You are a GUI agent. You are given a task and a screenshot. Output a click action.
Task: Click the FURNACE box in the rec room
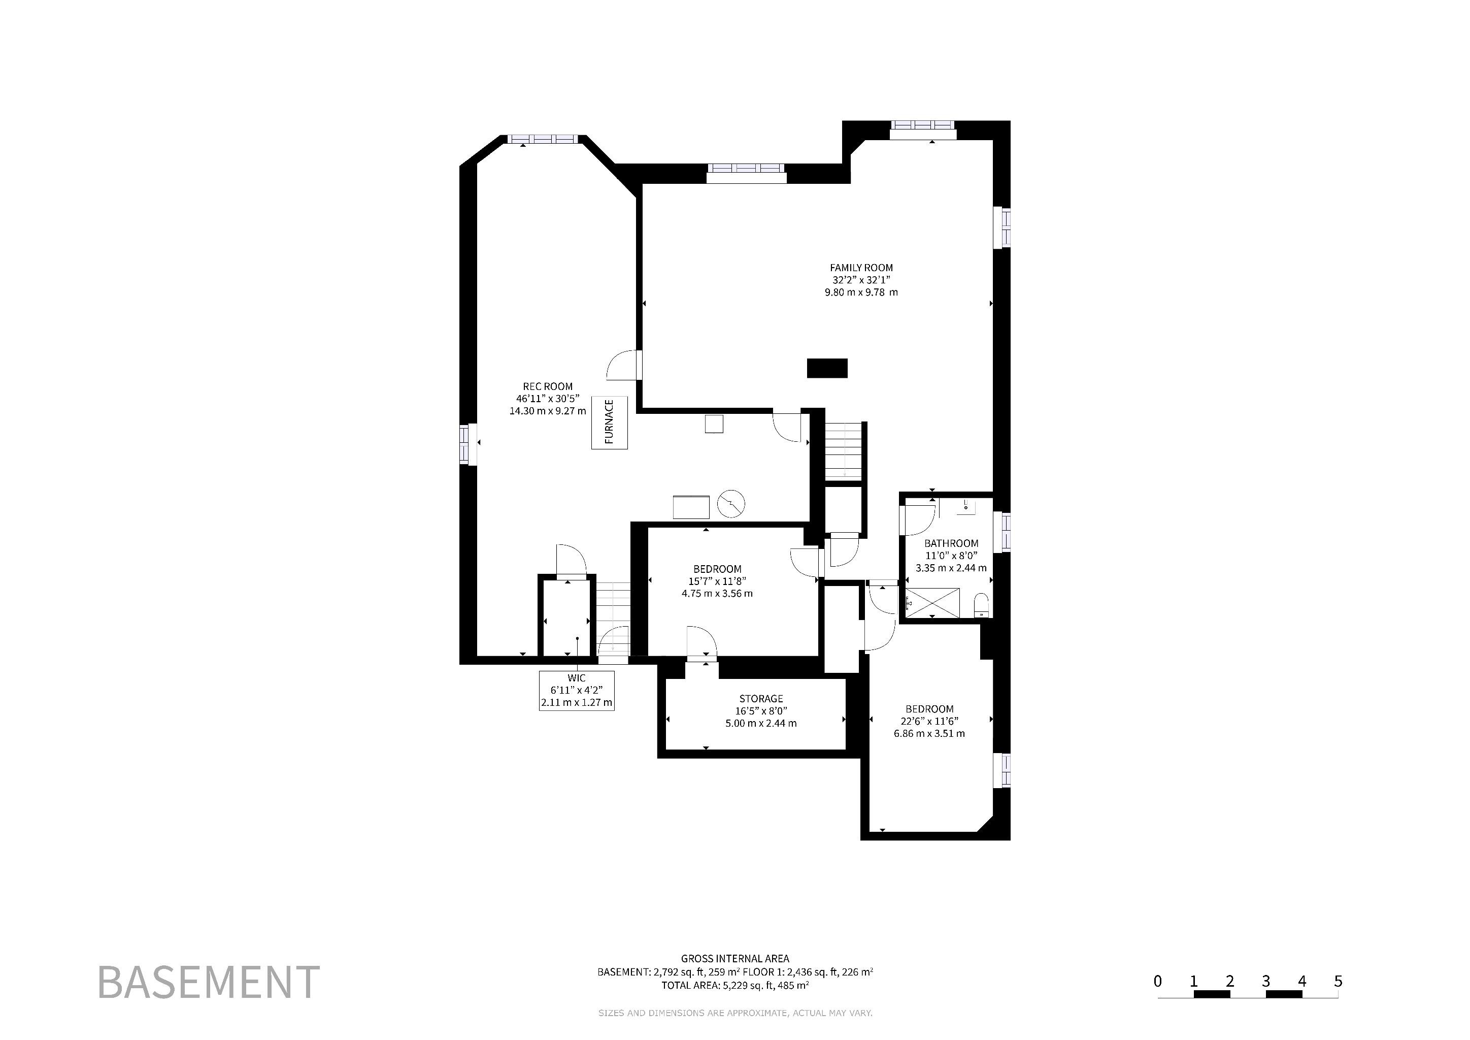point(609,422)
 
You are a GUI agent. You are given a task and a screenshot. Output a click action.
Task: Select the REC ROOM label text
point(547,386)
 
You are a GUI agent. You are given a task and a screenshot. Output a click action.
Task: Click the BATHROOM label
point(951,543)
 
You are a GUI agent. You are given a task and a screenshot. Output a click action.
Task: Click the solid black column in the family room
point(827,368)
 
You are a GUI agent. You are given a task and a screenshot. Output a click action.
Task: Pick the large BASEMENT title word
point(209,982)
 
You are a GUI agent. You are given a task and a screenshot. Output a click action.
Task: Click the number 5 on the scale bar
point(1338,981)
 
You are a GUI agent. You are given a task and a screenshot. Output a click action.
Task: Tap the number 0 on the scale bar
point(1157,981)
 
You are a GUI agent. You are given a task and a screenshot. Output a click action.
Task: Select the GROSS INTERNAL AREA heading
point(735,959)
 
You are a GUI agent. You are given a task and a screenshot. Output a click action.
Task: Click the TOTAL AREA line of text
point(735,986)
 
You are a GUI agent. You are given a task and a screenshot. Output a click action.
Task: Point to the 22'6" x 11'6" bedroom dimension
point(929,721)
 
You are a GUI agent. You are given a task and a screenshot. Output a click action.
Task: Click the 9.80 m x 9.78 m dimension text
point(861,292)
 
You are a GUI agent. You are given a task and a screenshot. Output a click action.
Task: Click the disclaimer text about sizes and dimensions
point(735,1013)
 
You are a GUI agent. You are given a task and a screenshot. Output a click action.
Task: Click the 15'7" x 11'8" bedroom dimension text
point(717,581)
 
